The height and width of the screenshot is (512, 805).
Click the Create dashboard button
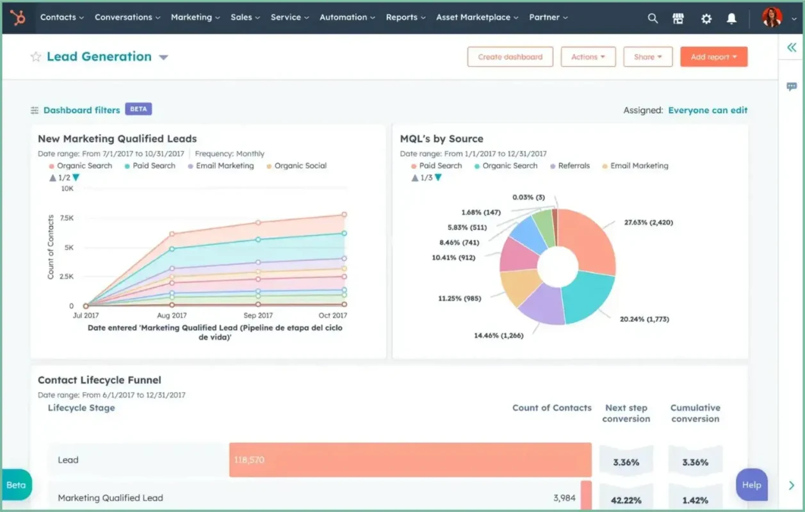510,57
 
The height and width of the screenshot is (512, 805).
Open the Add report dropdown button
713,57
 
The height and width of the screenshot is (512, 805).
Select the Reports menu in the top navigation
405,17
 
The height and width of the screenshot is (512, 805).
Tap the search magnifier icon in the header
653,19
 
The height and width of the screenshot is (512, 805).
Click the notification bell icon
731,19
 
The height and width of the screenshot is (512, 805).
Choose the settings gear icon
706,19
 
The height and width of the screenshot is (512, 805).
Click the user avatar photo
772,17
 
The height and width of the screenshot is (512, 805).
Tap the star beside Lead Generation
36,57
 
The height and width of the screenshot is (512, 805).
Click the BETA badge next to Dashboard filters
138,109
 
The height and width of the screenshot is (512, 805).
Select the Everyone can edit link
708,110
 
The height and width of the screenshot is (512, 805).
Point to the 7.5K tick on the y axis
66,218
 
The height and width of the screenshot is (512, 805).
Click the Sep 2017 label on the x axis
258,316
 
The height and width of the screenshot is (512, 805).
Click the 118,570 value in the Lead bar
249,460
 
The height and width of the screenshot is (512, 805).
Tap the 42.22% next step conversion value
626,500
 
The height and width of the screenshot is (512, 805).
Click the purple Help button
751,485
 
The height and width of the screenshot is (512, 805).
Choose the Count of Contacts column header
551,408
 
